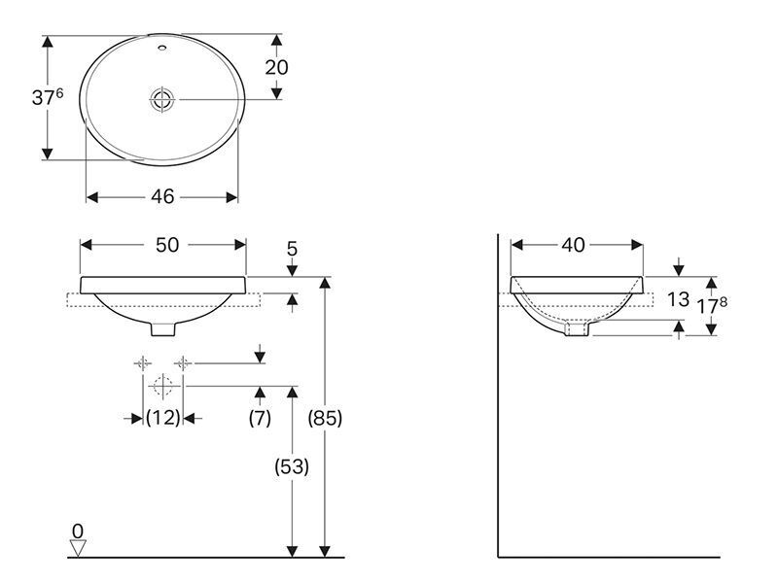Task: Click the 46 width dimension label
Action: pyautogui.click(x=162, y=197)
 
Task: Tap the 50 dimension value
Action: pyautogui.click(x=167, y=245)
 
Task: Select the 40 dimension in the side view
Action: pyautogui.click(x=574, y=245)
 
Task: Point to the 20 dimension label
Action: pyautogui.click(x=276, y=67)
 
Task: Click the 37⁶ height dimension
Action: pyautogui.click(x=48, y=96)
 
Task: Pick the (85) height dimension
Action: pyautogui.click(x=325, y=419)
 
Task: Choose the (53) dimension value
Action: pyautogui.click(x=292, y=466)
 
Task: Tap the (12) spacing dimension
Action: pyautogui.click(x=162, y=418)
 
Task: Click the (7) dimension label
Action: pyautogui.click(x=260, y=418)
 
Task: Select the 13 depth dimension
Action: pyautogui.click(x=678, y=299)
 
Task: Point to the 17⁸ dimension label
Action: pyautogui.click(x=713, y=306)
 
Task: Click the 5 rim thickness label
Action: pyautogui.click(x=293, y=249)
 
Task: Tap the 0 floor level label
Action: pyautogui.click(x=78, y=531)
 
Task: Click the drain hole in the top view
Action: pyautogui.click(x=162, y=100)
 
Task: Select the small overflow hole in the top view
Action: pyautogui.click(x=162, y=49)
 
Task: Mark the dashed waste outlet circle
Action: pyautogui.click(x=162, y=386)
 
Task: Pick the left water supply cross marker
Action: pyautogui.click(x=143, y=363)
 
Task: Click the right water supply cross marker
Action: pyautogui.click(x=183, y=363)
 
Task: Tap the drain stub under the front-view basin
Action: pyautogui.click(x=162, y=328)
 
